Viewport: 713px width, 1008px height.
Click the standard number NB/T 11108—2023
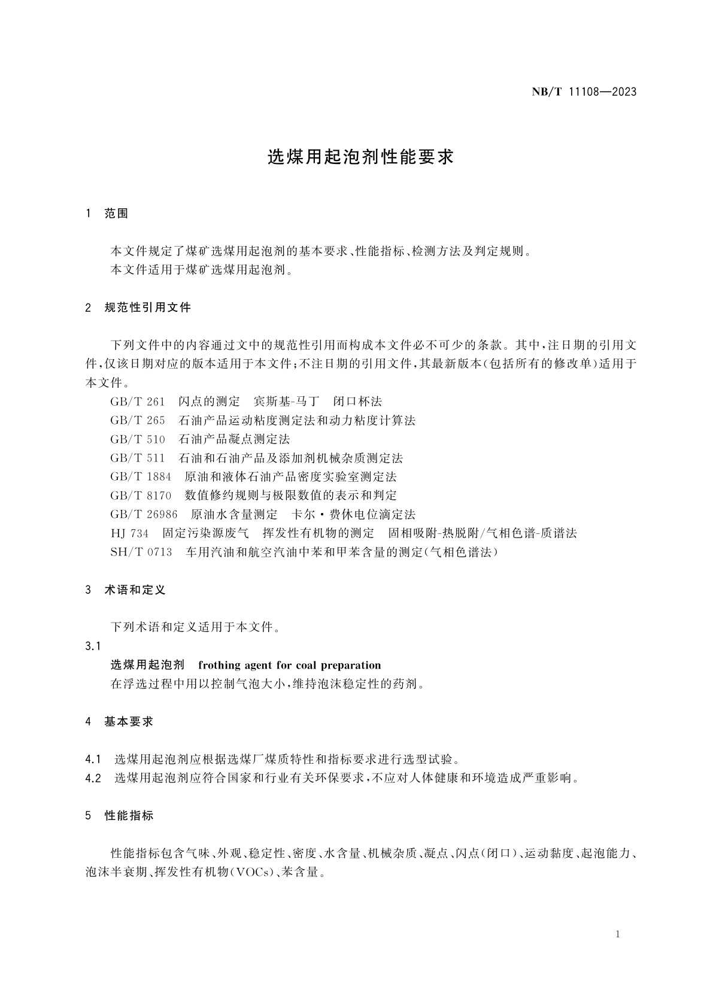[x=584, y=92]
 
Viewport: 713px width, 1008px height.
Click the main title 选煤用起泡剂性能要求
[x=360, y=157]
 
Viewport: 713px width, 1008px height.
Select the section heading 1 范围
[x=108, y=214]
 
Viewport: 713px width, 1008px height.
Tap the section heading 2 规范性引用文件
[x=139, y=308]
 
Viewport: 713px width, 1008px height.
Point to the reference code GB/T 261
[x=137, y=401]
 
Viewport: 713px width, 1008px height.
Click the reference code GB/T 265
[x=137, y=420]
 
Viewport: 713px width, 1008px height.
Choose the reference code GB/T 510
[x=137, y=439]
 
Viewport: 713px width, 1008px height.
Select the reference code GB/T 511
[x=137, y=458]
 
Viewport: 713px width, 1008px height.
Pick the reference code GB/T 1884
[x=140, y=476]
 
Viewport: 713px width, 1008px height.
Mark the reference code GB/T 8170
[x=140, y=495]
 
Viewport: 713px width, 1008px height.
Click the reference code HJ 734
[x=129, y=533]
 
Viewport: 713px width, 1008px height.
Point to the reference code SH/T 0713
[x=141, y=552]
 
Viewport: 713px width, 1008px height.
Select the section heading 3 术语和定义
[x=126, y=590]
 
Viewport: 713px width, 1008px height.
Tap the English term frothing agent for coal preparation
[x=289, y=665]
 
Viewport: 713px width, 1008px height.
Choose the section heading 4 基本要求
[x=120, y=721]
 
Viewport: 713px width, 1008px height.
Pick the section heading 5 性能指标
[x=120, y=815]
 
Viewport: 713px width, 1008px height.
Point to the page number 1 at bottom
[x=617, y=934]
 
